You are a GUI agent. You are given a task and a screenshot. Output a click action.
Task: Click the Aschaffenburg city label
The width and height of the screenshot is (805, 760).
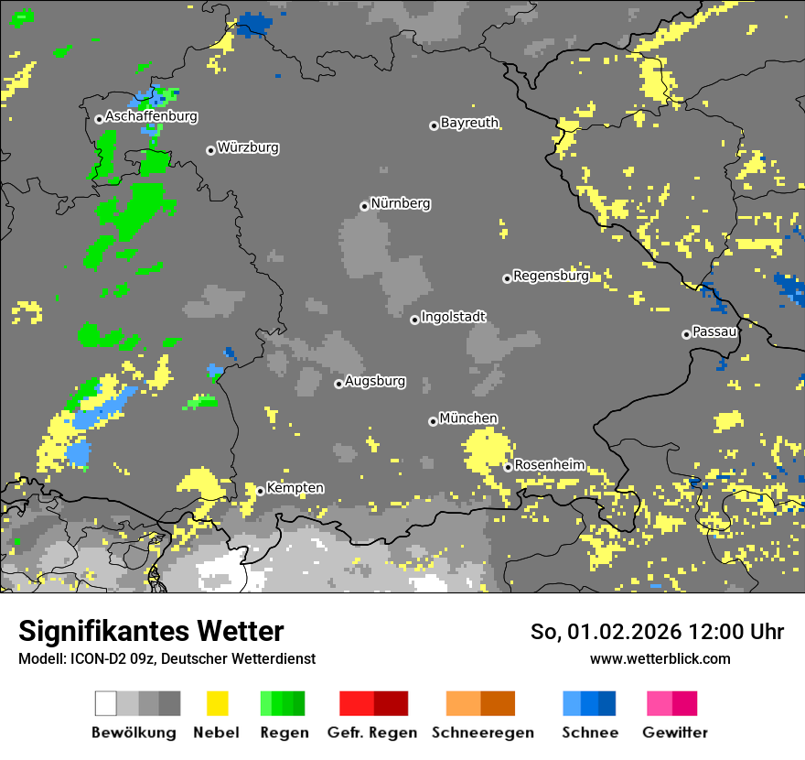(x=151, y=117)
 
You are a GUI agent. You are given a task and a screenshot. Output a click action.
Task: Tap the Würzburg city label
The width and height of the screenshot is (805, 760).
(x=248, y=147)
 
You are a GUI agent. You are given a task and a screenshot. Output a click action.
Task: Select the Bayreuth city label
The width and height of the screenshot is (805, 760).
(x=469, y=123)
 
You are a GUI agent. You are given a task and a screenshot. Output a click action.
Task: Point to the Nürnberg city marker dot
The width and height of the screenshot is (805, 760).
(x=364, y=206)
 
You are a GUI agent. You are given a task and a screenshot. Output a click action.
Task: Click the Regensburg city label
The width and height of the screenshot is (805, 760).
(x=551, y=276)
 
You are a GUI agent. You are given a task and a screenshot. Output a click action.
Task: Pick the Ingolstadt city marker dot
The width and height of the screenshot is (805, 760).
(x=414, y=320)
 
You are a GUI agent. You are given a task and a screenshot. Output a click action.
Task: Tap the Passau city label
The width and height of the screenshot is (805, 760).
(x=715, y=331)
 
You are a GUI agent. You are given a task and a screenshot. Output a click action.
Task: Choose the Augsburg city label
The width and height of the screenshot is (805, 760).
(x=375, y=381)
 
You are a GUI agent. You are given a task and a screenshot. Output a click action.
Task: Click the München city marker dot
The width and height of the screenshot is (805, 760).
(x=433, y=421)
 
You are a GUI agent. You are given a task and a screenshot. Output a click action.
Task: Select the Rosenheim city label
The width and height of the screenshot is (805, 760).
(x=549, y=465)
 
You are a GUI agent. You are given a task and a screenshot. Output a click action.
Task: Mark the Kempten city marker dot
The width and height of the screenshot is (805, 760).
(x=260, y=491)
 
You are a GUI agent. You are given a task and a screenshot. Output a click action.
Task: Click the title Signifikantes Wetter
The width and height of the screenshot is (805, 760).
(x=151, y=631)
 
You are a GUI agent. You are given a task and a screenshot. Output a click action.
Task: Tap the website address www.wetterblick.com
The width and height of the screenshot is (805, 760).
(x=660, y=658)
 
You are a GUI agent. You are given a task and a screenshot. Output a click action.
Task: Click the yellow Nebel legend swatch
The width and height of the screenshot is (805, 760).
(x=217, y=703)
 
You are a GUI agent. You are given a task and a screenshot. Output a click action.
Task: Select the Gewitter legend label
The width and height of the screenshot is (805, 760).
(x=674, y=733)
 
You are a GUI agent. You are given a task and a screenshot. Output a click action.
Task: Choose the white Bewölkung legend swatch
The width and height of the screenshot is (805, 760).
(x=106, y=703)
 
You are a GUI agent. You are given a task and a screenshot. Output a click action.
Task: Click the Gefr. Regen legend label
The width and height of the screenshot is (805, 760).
(x=372, y=733)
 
